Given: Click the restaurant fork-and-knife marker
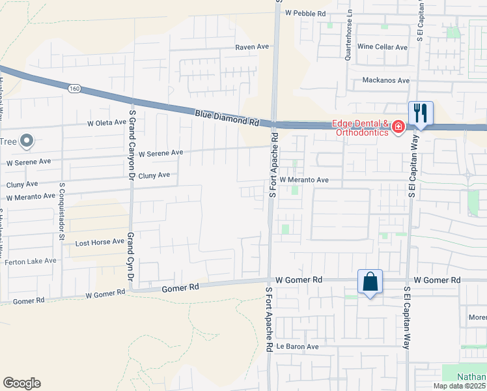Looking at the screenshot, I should click(x=421, y=113).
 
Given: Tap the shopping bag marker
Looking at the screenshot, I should click(x=369, y=282).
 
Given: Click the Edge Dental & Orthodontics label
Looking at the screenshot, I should click(x=360, y=128).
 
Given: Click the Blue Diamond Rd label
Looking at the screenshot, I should click(x=227, y=118).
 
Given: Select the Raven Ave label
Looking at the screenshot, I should click(x=252, y=47).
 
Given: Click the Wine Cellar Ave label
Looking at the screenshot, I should click(x=382, y=47).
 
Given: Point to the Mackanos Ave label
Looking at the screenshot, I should click(x=386, y=80).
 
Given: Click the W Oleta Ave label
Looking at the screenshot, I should click(x=107, y=122).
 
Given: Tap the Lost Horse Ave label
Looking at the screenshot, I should click(x=100, y=241).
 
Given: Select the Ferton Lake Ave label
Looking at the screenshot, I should click(x=31, y=261).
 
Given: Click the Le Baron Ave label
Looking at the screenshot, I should click(x=298, y=347).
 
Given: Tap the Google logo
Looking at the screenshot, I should click(x=21, y=383).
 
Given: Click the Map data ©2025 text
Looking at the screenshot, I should click(x=459, y=386).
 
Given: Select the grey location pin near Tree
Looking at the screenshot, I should click(x=27, y=140).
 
